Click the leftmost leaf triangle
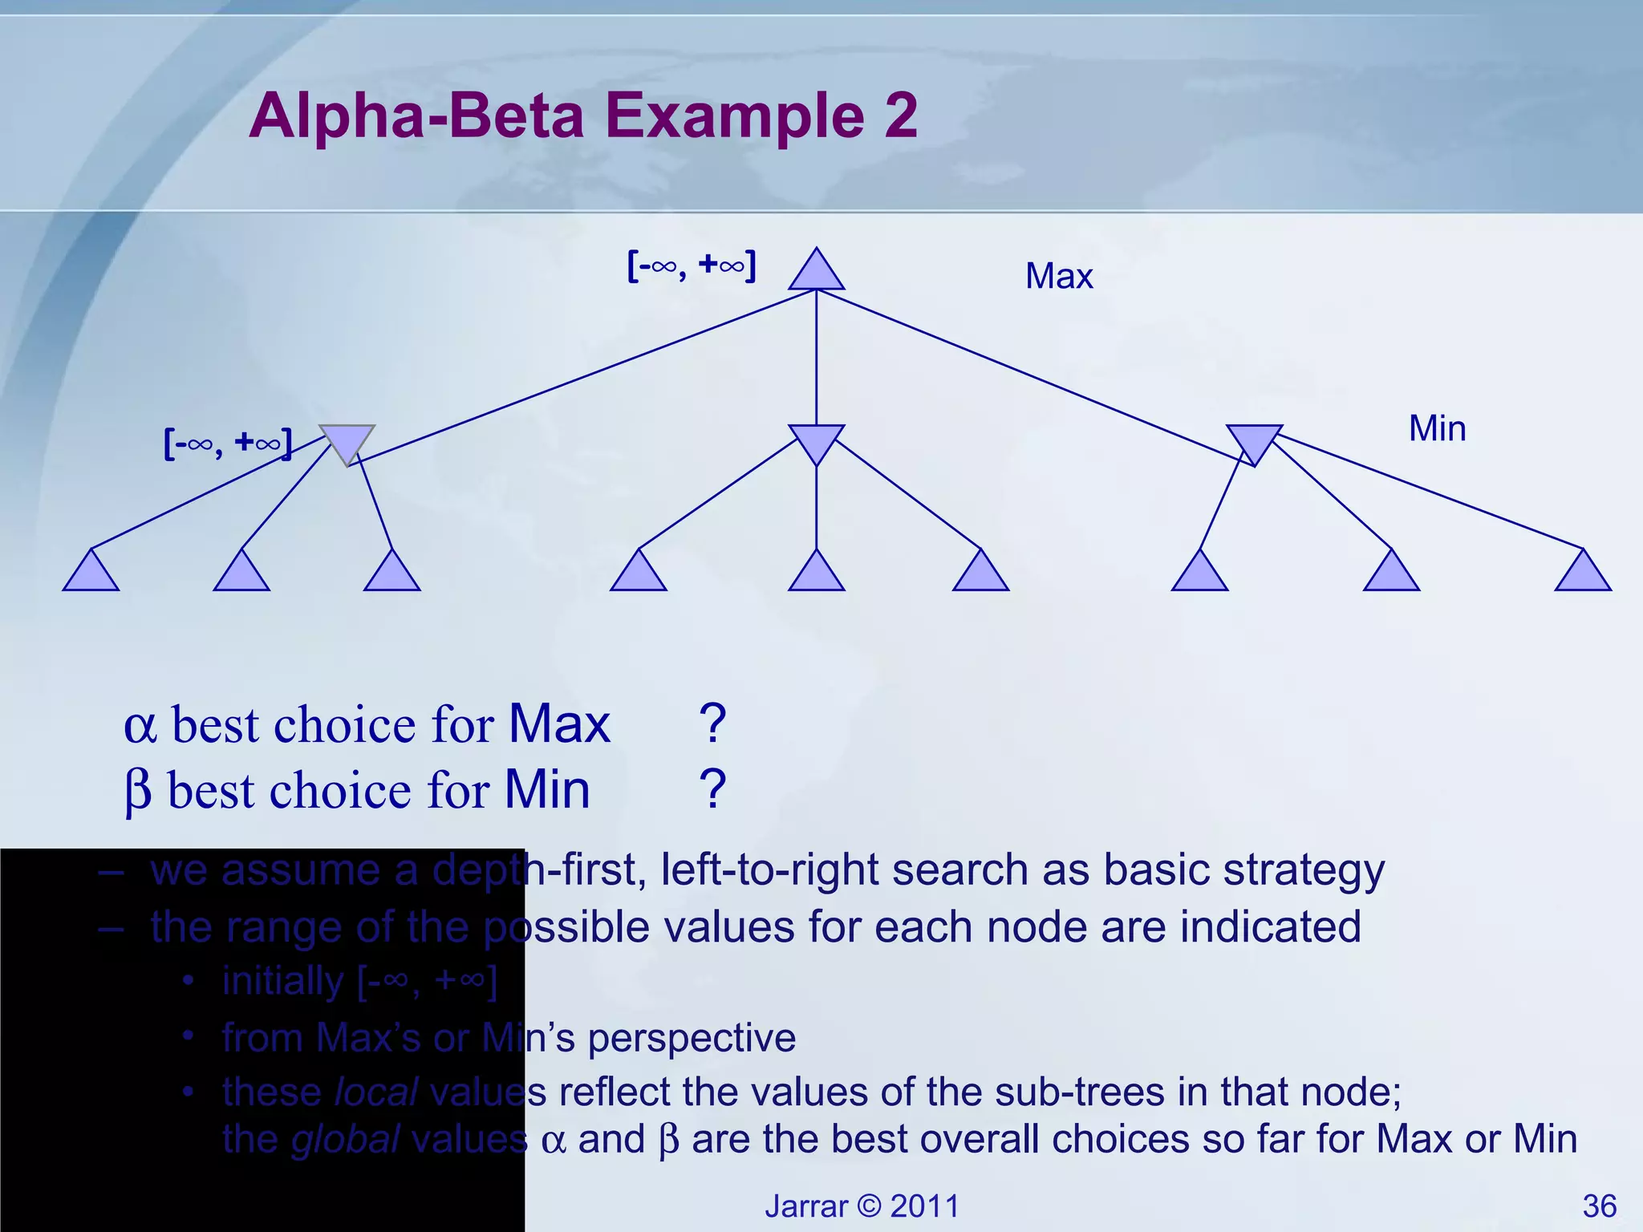(x=91, y=574)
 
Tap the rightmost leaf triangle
(x=1582, y=574)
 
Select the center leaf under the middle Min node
(x=816, y=574)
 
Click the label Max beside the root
(x=1058, y=277)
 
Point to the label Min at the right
(x=1437, y=428)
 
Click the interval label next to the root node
(x=691, y=265)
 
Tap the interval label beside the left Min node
(x=227, y=444)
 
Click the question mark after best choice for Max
(x=712, y=723)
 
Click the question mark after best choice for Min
(x=712, y=789)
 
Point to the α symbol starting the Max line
(x=140, y=727)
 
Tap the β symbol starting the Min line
(x=138, y=792)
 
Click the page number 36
(x=1599, y=1206)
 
